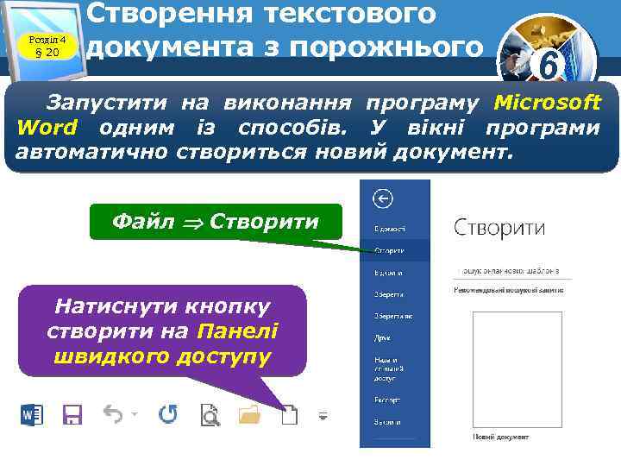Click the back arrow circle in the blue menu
382,199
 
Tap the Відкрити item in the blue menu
388,272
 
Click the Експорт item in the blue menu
386,400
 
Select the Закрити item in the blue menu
386,422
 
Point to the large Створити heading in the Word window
499,228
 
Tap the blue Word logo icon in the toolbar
32,415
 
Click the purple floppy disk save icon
72,415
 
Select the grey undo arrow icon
113,414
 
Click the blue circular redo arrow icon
168,415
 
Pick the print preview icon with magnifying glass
210,416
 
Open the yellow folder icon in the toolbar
249,416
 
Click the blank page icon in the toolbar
291,416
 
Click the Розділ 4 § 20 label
47,44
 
